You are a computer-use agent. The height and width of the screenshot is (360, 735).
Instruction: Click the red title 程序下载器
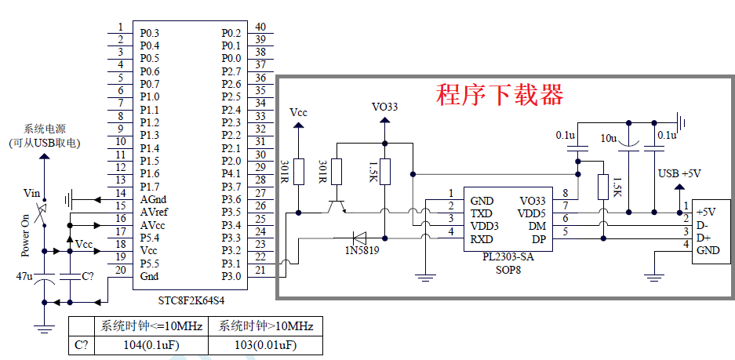[x=500, y=95]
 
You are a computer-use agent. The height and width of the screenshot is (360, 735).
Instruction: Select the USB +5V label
[x=679, y=173]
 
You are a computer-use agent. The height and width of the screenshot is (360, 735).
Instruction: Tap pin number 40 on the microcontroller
[x=260, y=27]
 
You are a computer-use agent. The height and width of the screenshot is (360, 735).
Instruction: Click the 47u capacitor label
[x=24, y=276]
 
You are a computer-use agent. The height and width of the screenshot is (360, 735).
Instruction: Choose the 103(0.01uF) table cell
[x=265, y=345]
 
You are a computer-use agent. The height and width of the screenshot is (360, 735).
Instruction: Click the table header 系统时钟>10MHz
[x=265, y=326]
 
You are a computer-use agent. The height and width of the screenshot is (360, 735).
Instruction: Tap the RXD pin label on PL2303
[x=482, y=238]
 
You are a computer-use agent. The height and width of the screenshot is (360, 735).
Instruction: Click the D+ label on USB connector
[x=703, y=238]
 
